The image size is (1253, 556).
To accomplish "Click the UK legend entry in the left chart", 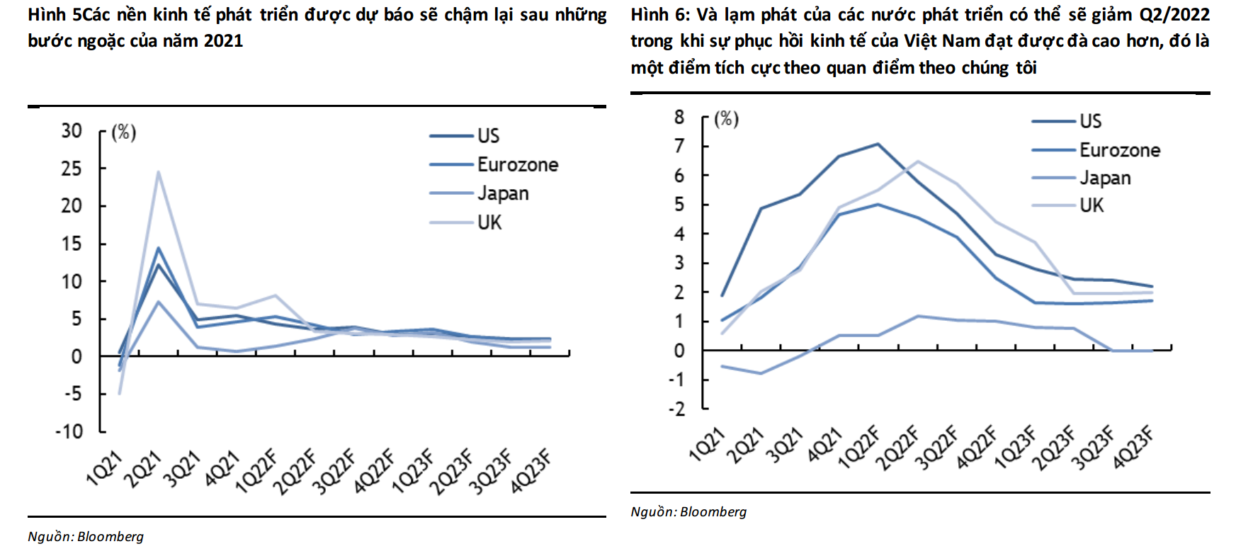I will [x=489, y=222].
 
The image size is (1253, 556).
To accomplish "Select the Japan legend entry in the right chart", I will [x=1104, y=178].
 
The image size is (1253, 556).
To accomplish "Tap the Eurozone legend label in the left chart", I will [x=517, y=164].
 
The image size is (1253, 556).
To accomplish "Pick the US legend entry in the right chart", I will [x=1090, y=121].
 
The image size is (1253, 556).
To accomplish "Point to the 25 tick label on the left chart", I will [x=71, y=169].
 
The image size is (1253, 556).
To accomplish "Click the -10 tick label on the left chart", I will [x=69, y=431].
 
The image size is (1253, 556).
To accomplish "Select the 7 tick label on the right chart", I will [x=679, y=146].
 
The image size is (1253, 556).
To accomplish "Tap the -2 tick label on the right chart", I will [x=676, y=409].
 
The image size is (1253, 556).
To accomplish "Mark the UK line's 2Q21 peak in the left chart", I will [x=158, y=171].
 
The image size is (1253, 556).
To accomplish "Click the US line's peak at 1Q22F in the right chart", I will [x=878, y=144].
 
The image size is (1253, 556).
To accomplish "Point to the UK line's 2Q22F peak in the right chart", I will [x=918, y=161].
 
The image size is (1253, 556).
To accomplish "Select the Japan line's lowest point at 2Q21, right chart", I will [x=761, y=373].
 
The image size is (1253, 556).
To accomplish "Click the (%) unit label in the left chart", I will [x=123, y=132].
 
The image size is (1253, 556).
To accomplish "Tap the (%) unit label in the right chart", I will [x=726, y=118].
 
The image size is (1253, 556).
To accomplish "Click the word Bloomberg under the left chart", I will [x=110, y=537].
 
